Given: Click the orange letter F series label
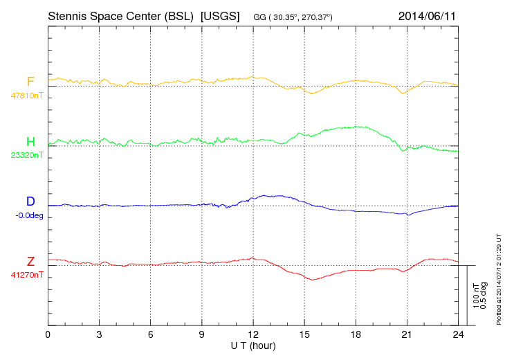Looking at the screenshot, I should click(30, 82).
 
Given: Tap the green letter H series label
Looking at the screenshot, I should click(30, 141).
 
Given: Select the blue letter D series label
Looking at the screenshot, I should click(30, 201).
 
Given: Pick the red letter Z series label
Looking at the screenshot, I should click(30, 261).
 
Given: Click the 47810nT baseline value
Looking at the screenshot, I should click(27, 95).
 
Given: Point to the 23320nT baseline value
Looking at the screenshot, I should click(27, 155).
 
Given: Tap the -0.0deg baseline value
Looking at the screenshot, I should click(29, 215).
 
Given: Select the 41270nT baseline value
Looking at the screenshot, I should click(27, 275).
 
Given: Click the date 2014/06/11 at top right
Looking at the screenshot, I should click(427, 15).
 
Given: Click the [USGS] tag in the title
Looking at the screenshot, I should click(219, 15).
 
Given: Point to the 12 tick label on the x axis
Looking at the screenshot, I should click(253, 335).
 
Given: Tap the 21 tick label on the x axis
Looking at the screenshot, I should click(407, 335).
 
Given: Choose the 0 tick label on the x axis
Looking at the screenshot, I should click(48, 335).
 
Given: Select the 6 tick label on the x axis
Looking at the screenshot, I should click(151, 335).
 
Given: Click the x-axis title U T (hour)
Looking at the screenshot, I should click(253, 345).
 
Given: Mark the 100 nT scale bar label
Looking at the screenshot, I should click(475, 295).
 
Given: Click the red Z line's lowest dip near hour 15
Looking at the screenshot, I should click(313, 280).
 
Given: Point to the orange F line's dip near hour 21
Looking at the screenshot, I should click(404, 93).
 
